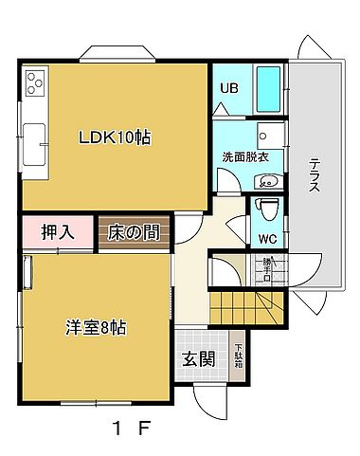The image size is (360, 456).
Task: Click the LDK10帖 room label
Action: point(115,137)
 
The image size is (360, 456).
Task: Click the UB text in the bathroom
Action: point(228,89)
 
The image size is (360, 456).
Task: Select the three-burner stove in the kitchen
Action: point(36,84)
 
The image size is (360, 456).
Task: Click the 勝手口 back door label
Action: point(267,271)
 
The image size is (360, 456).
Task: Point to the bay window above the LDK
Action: point(117,54)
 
